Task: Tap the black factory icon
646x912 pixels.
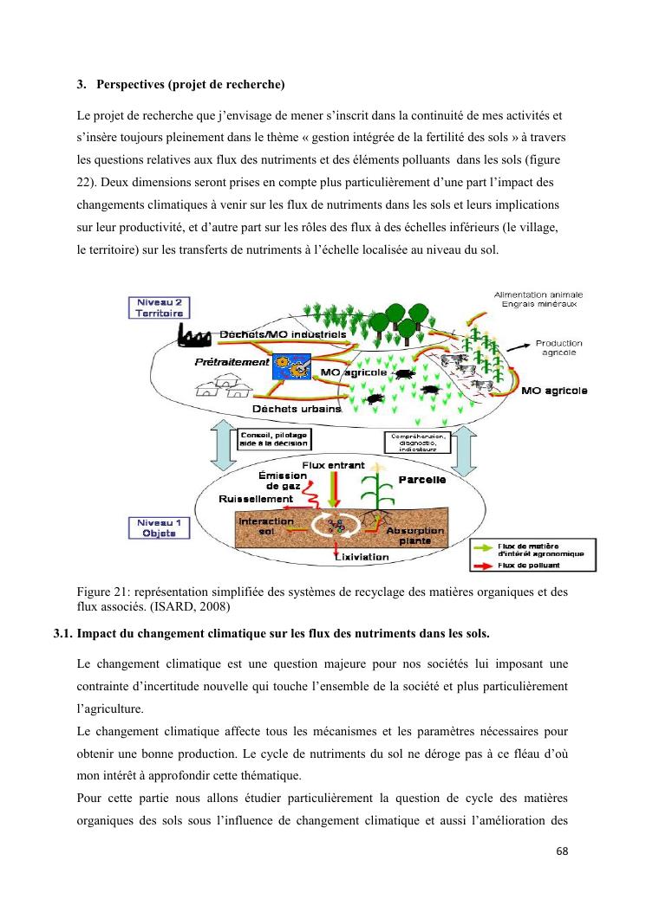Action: point(195,335)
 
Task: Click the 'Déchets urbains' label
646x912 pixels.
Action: point(297,409)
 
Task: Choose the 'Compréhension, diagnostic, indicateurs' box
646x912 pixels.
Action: point(419,443)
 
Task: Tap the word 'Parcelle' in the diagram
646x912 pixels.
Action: point(422,479)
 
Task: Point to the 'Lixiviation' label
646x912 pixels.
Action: point(362,557)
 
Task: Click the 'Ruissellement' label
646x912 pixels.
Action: point(257,500)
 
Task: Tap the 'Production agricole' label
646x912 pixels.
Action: point(558,347)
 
